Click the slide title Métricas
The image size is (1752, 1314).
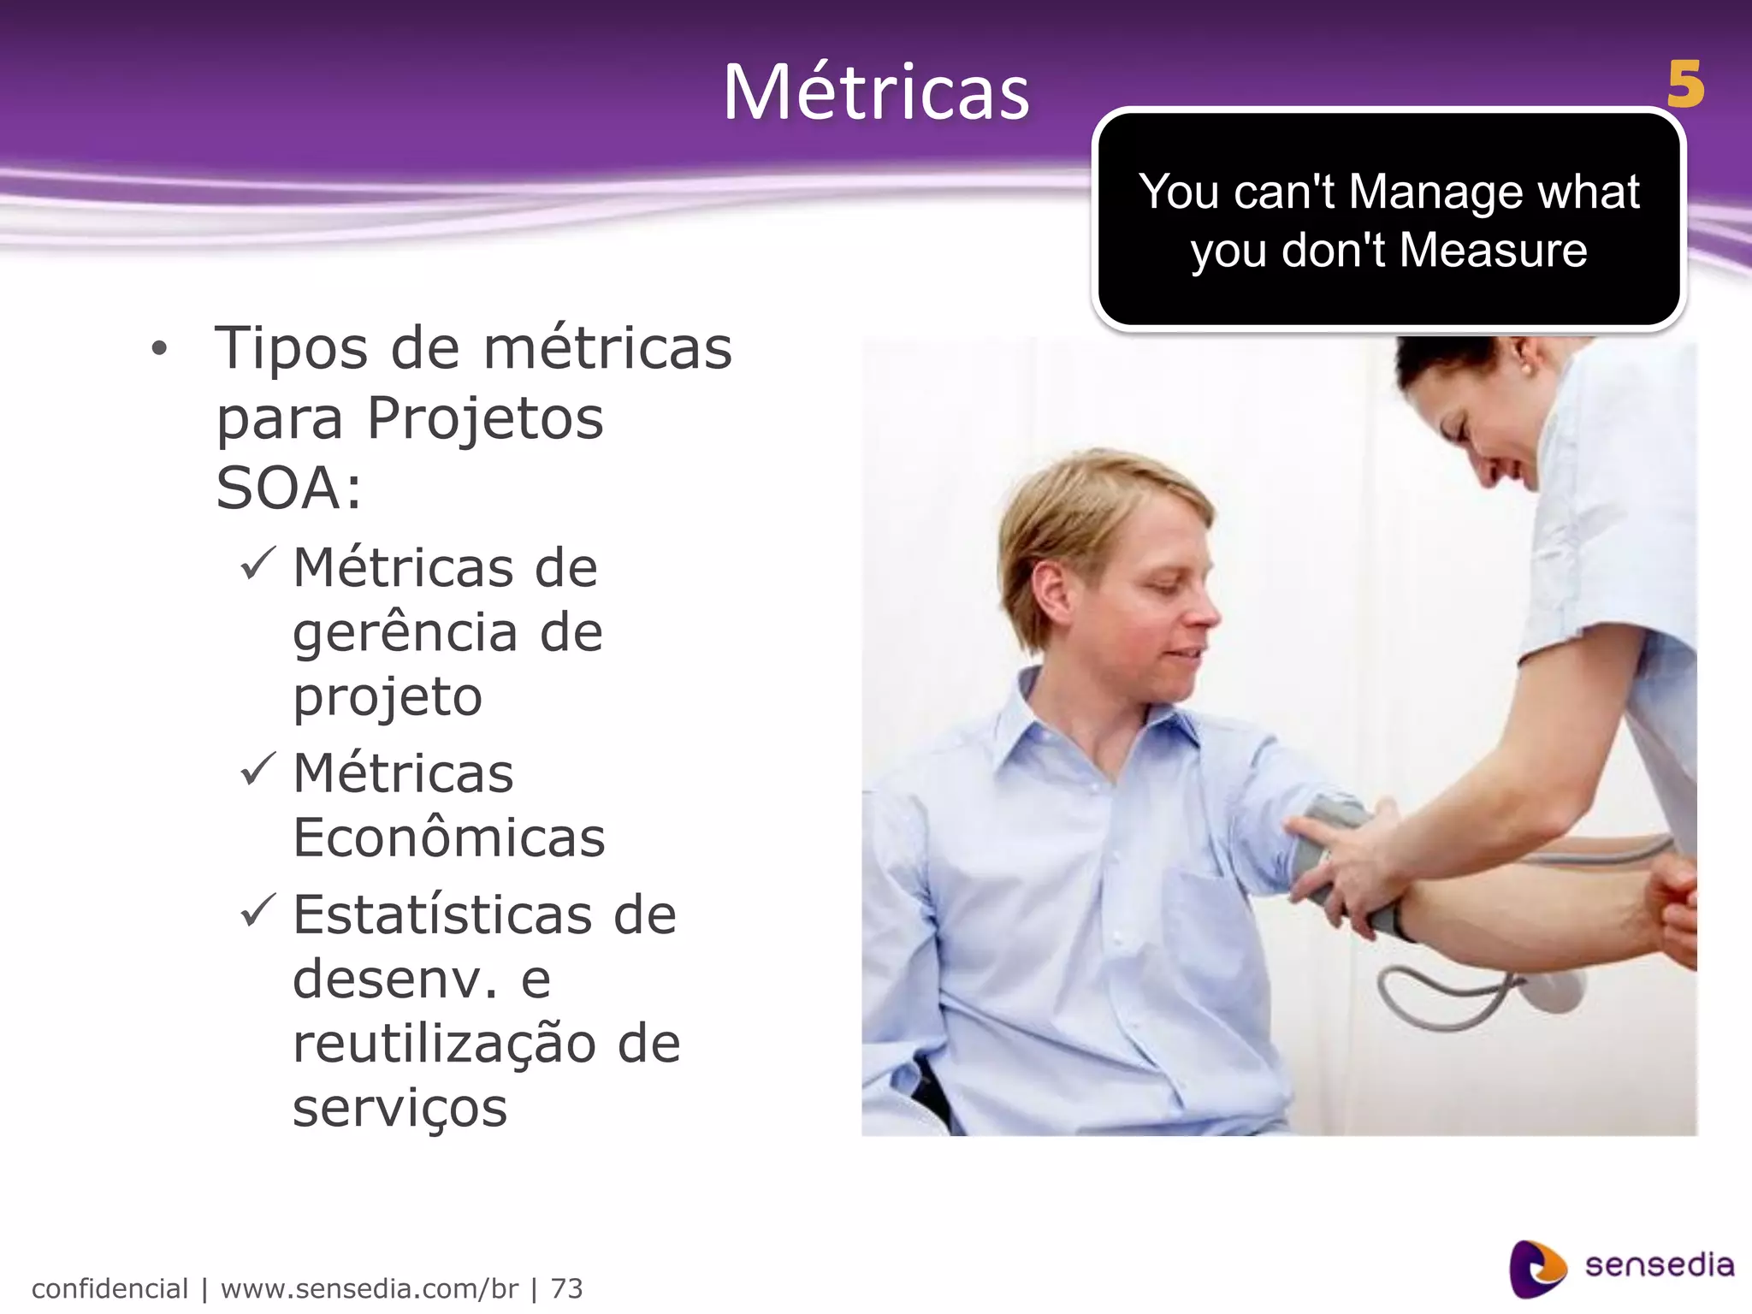(876, 92)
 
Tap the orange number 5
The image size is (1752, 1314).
(1684, 86)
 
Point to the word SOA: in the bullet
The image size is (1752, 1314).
(289, 488)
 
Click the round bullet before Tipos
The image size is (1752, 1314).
(159, 350)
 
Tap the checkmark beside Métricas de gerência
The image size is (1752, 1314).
(257, 565)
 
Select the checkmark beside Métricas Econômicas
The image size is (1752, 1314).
(257, 769)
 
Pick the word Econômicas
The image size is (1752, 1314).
(449, 838)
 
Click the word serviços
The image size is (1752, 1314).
(400, 1109)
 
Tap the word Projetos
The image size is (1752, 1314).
(485, 419)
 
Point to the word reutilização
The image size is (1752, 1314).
(444, 1045)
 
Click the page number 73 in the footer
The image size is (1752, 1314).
(566, 1288)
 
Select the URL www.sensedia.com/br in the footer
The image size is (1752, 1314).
(369, 1288)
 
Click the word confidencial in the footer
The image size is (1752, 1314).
(109, 1288)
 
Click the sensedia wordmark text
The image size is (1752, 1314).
(1659, 1265)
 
